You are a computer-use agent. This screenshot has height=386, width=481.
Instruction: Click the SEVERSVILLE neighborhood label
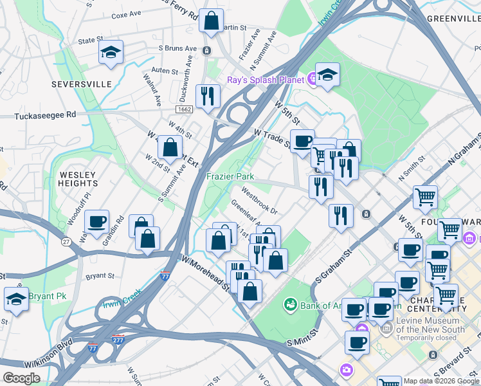[82, 84]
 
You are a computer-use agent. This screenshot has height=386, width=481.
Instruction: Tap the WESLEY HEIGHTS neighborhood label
[78, 179]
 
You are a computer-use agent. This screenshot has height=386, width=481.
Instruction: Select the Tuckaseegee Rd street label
[44, 115]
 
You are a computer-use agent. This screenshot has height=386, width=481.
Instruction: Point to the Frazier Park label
[230, 176]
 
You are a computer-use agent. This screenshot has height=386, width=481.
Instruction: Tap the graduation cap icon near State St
[111, 53]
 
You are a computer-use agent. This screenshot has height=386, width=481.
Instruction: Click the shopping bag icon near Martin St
[211, 21]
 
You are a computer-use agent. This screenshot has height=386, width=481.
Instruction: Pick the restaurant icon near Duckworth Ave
[207, 97]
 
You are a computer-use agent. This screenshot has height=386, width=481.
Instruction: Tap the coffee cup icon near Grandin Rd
[97, 222]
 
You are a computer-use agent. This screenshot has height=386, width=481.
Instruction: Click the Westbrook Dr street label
[259, 201]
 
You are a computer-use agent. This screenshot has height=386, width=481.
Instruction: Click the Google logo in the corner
[21, 378]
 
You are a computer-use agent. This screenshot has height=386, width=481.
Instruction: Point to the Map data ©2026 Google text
[440, 381]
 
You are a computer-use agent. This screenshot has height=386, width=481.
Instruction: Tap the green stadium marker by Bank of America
[290, 303]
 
